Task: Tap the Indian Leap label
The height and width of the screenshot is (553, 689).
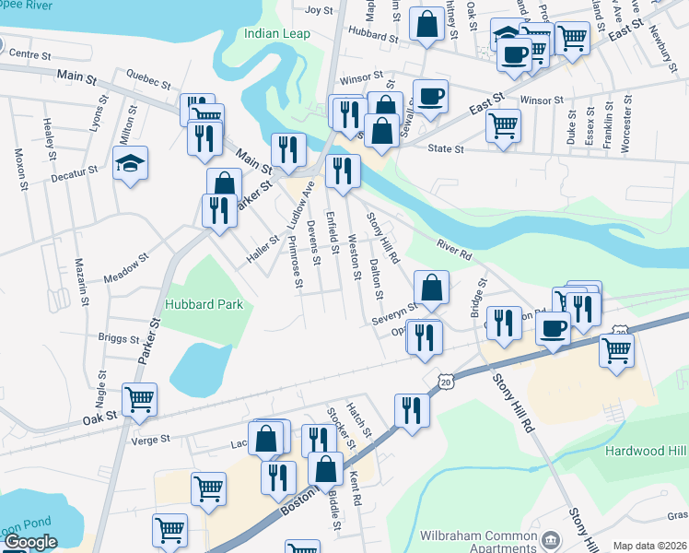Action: (277, 34)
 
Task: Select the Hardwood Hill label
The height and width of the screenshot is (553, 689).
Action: (646, 451)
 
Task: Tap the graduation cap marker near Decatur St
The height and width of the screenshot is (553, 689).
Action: (130, 164)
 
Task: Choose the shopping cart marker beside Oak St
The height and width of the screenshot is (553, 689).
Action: (139, 399)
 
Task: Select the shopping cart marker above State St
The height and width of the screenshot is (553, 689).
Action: (503, 124)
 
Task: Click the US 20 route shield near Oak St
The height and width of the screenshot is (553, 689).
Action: (446, 381)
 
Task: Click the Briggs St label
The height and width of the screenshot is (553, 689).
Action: (118, 338)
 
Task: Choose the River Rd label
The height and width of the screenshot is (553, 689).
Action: (454, 249)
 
